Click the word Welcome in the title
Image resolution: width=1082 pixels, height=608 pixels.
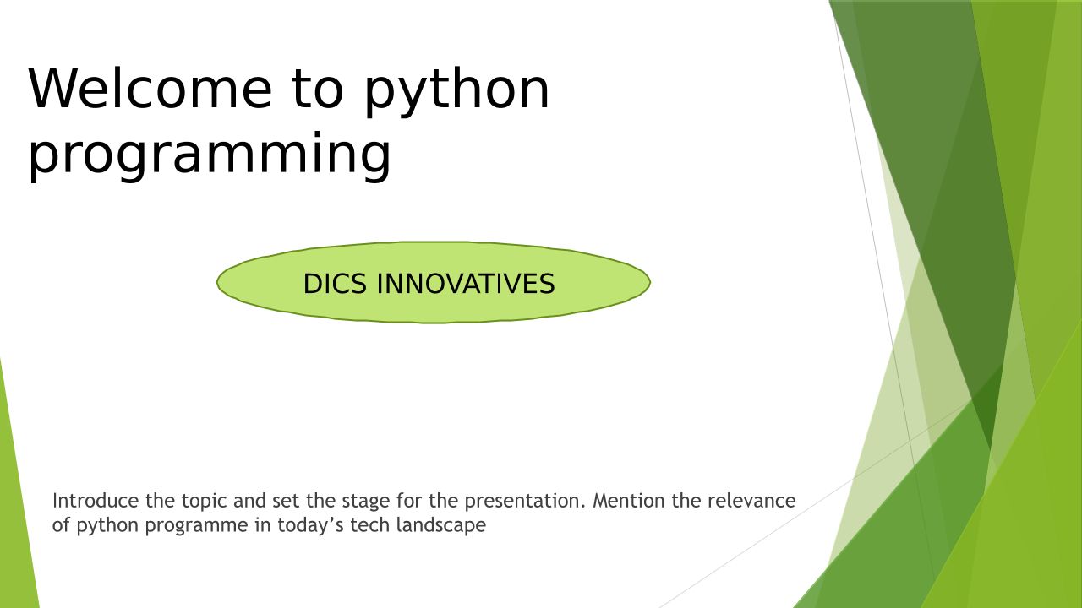click(x=150, y=90)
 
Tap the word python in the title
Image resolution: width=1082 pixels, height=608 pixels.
click(x=457, y=92)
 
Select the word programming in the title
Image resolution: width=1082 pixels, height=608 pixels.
click(x=209, y=155)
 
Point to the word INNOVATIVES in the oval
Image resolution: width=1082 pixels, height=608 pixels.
click(x=466, y=283)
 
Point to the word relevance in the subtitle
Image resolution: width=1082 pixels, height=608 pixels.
click(x=751, y=501)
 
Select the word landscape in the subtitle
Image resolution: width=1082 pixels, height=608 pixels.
click(x=441, y=525)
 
